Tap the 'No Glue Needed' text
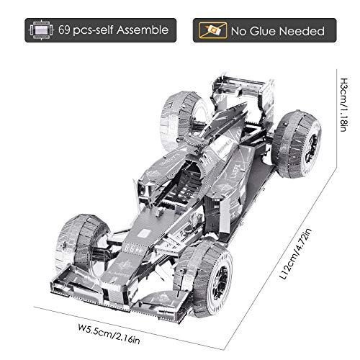click(276, 32)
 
